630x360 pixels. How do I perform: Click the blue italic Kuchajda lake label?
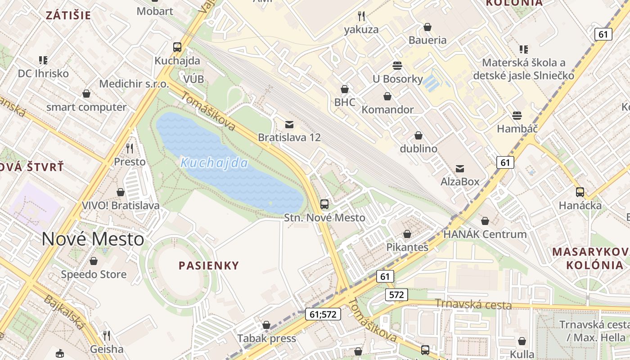tap(214, 163)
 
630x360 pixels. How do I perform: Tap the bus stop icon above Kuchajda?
tap(177, 47)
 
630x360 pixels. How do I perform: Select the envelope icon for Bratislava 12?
tap(289, 124)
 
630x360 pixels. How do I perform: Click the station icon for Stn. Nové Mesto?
tap(324, 204)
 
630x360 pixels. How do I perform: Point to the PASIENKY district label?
tap(209, 265)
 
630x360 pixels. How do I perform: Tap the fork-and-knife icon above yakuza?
tap(361, 17)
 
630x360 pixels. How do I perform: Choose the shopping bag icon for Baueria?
tap(427, 27)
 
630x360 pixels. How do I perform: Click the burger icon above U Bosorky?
tap(397, 66)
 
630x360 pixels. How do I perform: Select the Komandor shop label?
tap(387, 110)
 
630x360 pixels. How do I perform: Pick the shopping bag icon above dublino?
tap(418, 135)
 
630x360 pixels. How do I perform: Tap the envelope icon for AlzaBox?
tap(460, 169)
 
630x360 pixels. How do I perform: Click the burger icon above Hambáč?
tap(517, 116)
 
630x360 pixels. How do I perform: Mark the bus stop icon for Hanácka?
tap(580, 192)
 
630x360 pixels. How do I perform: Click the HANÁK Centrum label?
tap(485, 234)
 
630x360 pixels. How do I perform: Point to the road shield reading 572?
tap(396, 295)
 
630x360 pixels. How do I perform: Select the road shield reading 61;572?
tap(323, 314)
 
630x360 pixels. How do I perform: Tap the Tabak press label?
tap(266, 338)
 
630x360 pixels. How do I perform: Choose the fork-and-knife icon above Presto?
tap(130, 148)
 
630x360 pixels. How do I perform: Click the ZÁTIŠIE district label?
tap(68, 15)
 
